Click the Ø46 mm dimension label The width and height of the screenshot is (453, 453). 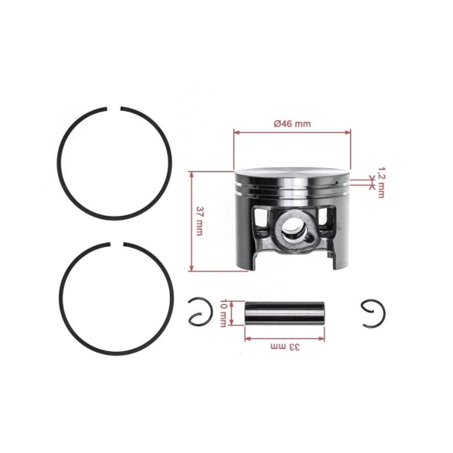(292, 122)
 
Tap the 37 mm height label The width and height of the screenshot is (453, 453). (199, 220)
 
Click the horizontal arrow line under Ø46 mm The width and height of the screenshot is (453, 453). (292, 131)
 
